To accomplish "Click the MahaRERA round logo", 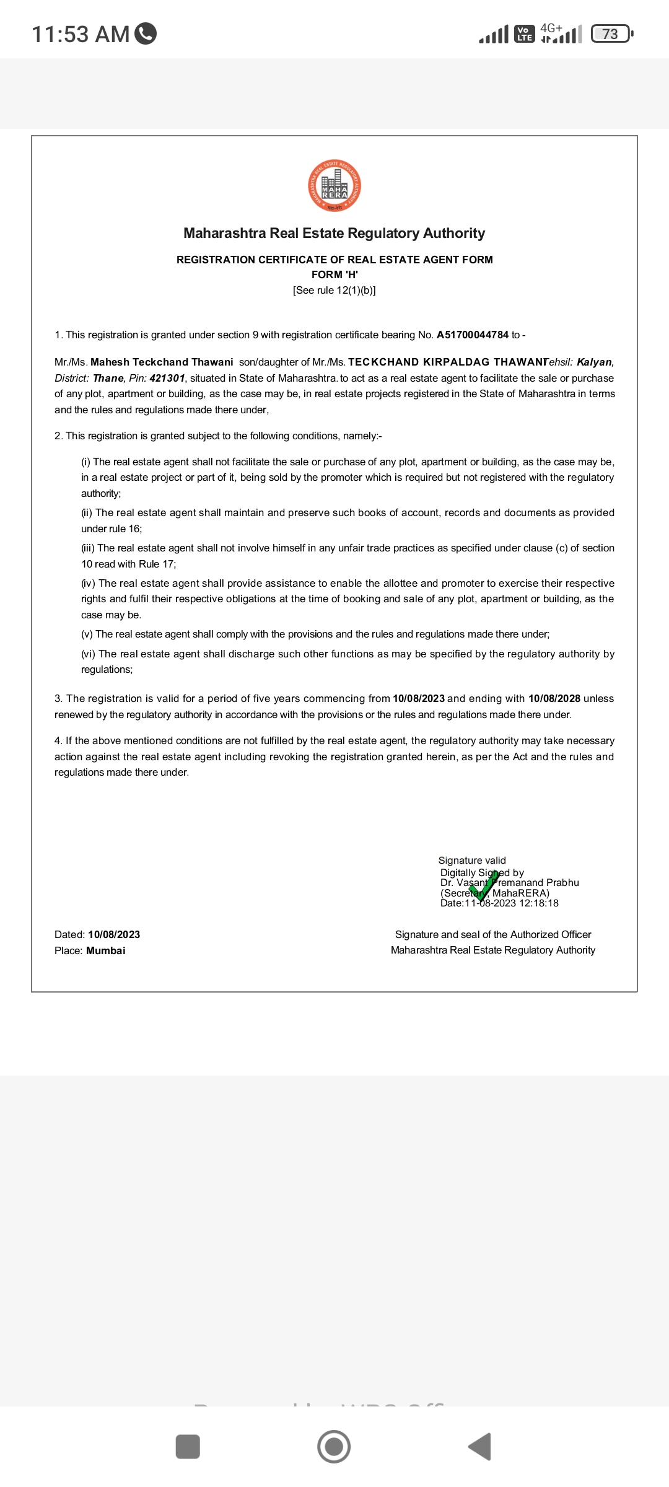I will click(334, 186).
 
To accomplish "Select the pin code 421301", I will click(167, 379).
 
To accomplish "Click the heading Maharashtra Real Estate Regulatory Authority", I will click(334, 234).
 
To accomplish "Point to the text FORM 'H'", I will click(334, 274).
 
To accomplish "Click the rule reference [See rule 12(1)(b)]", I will click(334, 291).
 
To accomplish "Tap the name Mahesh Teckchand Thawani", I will click(162, 362).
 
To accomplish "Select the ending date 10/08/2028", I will click(554, 699).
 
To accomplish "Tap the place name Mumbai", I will click(106, 951).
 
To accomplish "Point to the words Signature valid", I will click(472, 861).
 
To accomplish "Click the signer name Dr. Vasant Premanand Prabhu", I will click(510, 883).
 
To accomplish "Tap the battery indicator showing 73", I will click(611, 34).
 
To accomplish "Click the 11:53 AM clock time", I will click(80, 35).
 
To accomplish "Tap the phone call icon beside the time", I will click(146, 33).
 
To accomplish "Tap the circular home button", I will click(334, 1447).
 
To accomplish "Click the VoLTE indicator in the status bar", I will click(525, 34).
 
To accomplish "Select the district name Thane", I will click(108, 379).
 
